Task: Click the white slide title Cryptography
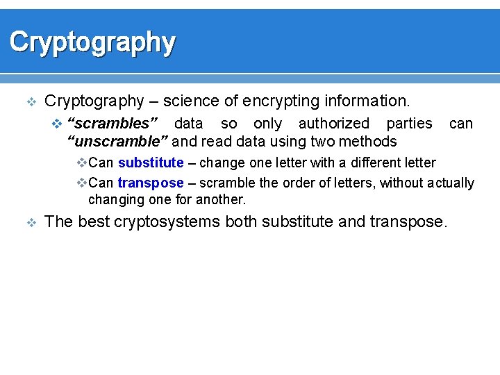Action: click(92, 42)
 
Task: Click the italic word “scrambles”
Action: click(112, 124)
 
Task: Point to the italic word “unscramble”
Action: click(117, 142)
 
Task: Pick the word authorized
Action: click(333, 124)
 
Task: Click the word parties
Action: click(409, 124)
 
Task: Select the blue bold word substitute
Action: click(151, 162)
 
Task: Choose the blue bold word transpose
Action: click(151, 183)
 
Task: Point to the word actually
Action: click(450, 183)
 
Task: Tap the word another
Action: click(222, 199)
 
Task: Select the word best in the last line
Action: click(90, 222)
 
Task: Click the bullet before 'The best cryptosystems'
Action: click(30, 223)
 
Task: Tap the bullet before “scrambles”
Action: click(58, 124)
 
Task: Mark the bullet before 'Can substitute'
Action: click(81, 163)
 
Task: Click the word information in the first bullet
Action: click(369, 101)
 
